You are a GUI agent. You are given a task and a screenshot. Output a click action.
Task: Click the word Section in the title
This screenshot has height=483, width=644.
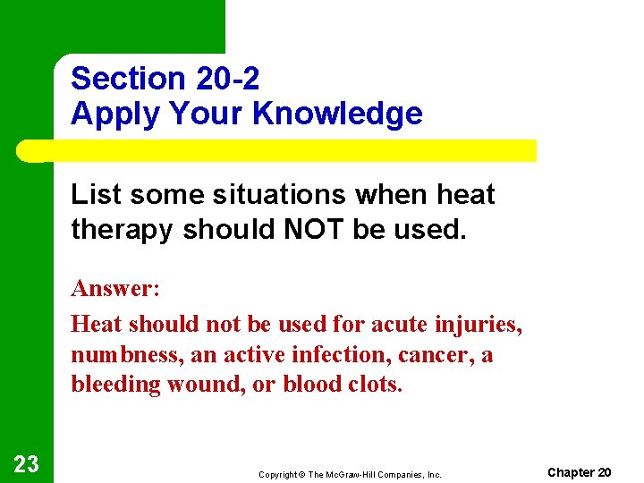click(x=125, y=79)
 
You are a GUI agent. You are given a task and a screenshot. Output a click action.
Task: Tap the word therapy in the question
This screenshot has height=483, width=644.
click(x=123, y=229)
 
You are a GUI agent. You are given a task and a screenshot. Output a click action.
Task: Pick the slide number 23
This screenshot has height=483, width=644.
click(x=26, y=463)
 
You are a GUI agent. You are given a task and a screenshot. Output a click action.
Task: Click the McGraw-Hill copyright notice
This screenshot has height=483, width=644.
click(x=350, y=474)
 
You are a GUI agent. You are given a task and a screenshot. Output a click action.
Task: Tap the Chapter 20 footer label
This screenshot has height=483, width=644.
click(x=579, y=472)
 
